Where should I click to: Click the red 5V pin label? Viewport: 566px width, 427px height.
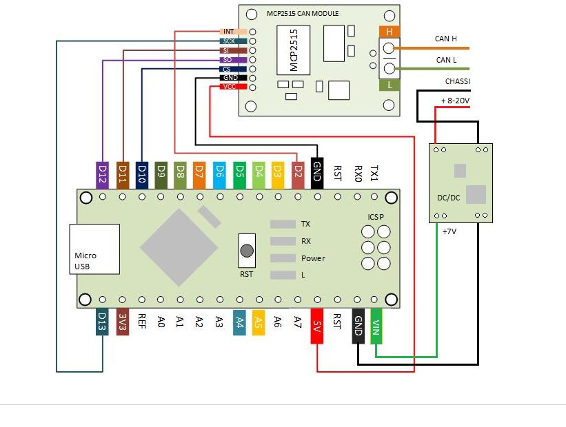[x=317, y=324]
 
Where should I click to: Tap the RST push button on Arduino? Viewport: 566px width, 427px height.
[x=246, y=251]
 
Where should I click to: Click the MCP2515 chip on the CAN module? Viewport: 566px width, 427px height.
[x=292, y=50]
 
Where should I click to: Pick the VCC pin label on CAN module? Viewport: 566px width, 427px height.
[x=230, y=87]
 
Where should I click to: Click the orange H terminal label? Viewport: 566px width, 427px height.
[x=390, y=32]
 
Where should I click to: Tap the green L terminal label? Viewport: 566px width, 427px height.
[x=390, y=85]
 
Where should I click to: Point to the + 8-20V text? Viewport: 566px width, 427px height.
[x=455, y=101]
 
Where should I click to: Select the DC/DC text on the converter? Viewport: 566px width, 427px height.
[x=449, y=198]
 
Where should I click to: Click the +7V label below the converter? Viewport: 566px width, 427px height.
[x=449, y=232]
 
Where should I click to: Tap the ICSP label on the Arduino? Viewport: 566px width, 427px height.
[x=376, y=217]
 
